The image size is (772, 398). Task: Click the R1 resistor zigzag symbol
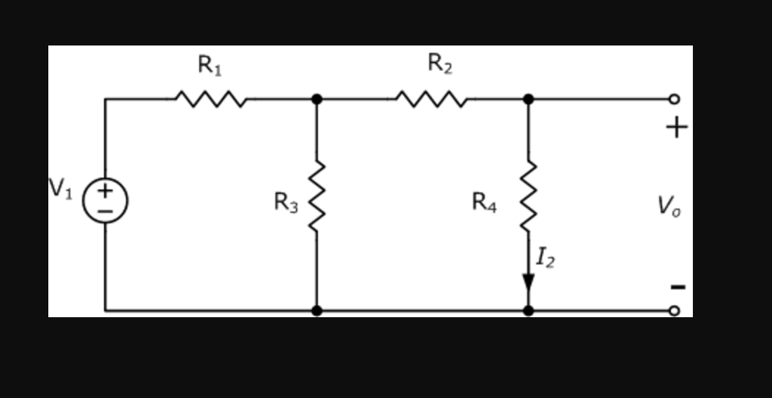[x=210, y=99]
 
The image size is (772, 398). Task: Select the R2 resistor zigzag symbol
[x=430, y=99]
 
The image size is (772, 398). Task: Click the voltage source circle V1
[x=105, y=200]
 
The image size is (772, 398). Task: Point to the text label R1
[x=210, y=66]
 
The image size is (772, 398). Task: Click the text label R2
[x=440, y=65]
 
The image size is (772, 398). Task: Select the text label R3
[x=286, y=202]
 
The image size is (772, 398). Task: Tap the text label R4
[x=484, y=202]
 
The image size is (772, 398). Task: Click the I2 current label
[x=546, y=258]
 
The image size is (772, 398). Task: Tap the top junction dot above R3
[x=317, y=99]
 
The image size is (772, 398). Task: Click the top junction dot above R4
[x=528, y=99]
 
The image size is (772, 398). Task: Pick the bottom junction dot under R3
[x=317, y=310]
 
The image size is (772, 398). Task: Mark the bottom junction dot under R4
[x=528, y=310]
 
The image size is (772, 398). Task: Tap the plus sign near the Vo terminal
[x=676, y=128]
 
